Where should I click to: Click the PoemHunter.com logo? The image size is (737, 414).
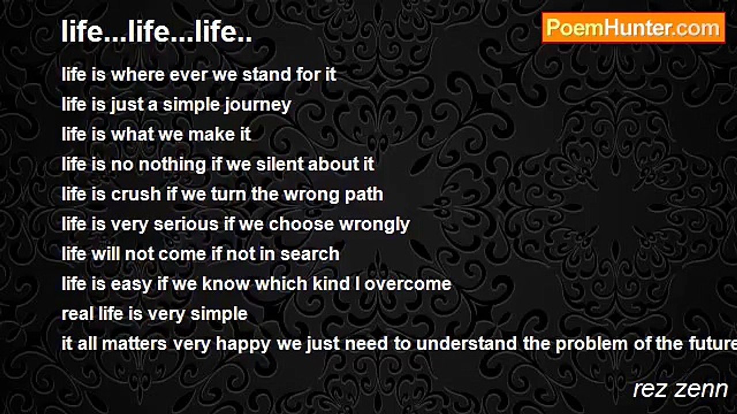click(x=633, y=28)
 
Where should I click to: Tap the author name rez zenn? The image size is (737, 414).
click(x=681, y=389)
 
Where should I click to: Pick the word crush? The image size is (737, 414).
click(x=135, y=194)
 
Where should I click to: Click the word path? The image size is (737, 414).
click(x=364, y=194)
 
